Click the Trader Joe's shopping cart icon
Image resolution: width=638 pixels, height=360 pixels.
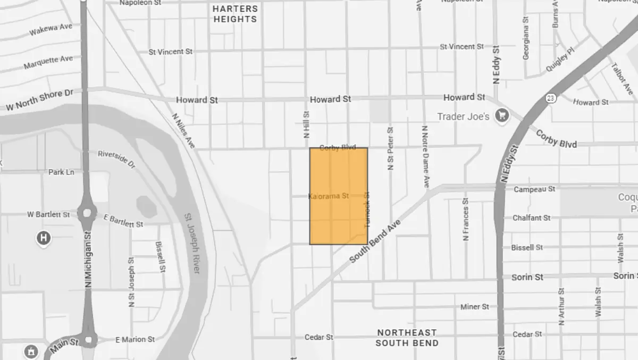click(501, 115)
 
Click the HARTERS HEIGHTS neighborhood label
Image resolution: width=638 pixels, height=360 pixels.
click(235, 14)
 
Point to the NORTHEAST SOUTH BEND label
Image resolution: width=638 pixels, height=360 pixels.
click(407, 338)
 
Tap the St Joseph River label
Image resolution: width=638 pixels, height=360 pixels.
click(192, 244)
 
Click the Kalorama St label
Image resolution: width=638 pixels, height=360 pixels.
click(329, 196)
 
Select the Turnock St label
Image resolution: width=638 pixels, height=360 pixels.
click(366, 211)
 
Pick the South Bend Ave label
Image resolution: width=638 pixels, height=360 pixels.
click(374, 241)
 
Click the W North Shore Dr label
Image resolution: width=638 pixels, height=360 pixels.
click(39, 101)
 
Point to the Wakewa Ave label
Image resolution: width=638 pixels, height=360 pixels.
click(51, 30)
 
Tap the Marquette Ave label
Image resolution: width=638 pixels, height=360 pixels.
click(48, 63)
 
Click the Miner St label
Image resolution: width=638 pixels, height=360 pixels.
click(474, 307)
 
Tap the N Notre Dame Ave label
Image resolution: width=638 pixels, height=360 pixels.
click(425, 156)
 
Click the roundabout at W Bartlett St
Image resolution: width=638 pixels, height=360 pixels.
click(85, 214)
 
